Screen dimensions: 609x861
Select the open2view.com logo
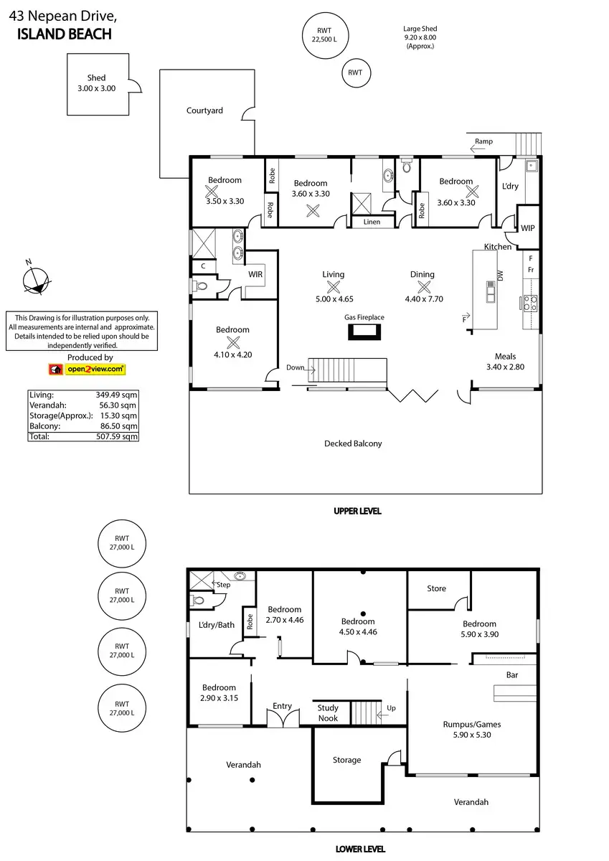[87, 370]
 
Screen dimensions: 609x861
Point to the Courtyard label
[204, 110]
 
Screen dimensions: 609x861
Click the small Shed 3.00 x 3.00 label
[96, 83]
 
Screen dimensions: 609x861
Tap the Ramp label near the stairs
[483, 141]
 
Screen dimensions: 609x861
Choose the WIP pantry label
[528, 228]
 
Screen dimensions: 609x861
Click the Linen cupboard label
[372, 222]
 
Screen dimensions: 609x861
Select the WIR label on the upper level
[255, 274]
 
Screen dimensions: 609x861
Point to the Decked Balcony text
[353, 443]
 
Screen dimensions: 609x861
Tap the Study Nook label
[328, 712]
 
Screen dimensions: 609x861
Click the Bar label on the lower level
[512, 675]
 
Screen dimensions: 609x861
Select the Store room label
[436, 588]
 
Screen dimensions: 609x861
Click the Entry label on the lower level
[283, 706]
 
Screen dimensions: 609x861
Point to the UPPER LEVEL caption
[357, 511]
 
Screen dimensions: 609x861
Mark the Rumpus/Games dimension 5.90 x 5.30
[471, 735]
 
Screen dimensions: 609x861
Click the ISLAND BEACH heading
[64, 34]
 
